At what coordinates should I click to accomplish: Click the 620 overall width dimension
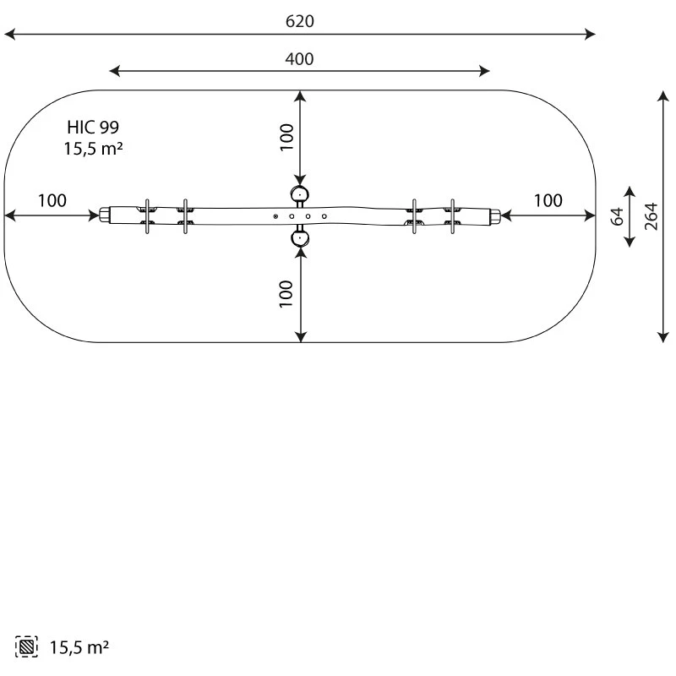[x=300, y=21]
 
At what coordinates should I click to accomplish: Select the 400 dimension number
[x=299, y=59]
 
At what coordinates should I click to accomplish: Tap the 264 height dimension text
[x=651, y=216]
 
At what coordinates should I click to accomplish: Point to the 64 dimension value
[x=618, y=216]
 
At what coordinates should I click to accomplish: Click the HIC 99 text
[x=93, y=128]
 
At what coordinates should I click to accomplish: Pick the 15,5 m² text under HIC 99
[x=93, y=149]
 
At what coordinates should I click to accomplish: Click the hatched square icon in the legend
[x=26, y=646]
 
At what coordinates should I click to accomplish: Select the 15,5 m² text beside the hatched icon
[x=79, y=647]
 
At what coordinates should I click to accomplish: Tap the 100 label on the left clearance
[x=52, y=200]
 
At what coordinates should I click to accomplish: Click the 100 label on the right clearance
[x=548, y=200]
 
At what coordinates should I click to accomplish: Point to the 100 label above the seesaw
[x=286, y=137]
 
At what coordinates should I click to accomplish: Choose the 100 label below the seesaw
[x=286, y=294]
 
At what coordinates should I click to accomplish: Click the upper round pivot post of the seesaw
[x=300, y=194]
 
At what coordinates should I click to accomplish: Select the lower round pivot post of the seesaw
[x=300, y=238]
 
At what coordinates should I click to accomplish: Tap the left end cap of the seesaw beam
[x=104, y=215]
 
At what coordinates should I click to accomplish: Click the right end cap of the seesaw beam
[x=495, y=215]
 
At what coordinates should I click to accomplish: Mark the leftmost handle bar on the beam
[x=147, y=216]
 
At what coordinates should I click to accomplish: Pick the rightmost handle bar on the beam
[x=452, y=216]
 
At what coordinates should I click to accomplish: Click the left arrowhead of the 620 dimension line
[x=9, y=34]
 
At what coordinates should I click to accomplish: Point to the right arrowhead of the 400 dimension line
[x=484, y=71]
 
